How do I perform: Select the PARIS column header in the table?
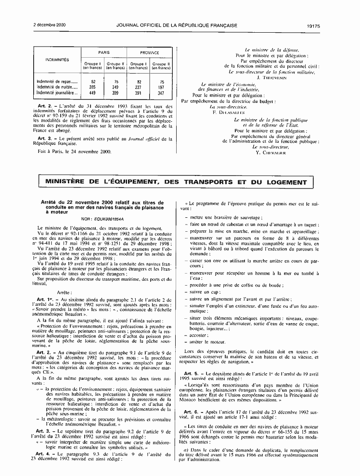pyautogui.click(x=104, y=52)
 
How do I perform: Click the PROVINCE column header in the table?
pyautogui.click(x=150, y=52)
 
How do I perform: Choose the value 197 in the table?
pyautogui.click(x=161, y=87)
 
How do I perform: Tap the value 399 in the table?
pyautogui.click(x=115, y=92)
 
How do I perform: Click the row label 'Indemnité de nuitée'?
pyautogui.click(x=54, y=87)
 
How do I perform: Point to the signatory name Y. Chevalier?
pyautogui.click(x=272, y=152)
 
